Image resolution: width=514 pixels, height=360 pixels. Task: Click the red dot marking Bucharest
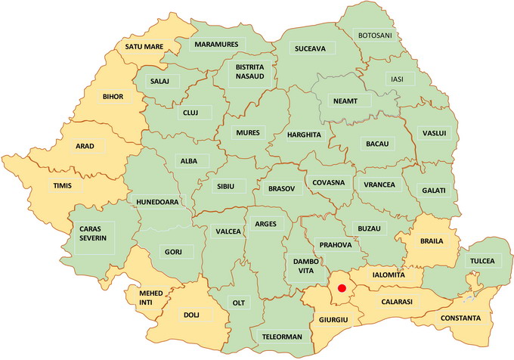(342, 288)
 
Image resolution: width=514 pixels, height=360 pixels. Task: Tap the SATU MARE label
(144, 47)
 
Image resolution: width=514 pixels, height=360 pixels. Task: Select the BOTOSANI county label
(376, 36)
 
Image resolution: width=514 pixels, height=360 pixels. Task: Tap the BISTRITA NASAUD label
(248, 75)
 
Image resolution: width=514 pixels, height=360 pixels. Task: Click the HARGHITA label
(304, 135)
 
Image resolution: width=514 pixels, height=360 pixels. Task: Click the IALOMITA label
(388, 275)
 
